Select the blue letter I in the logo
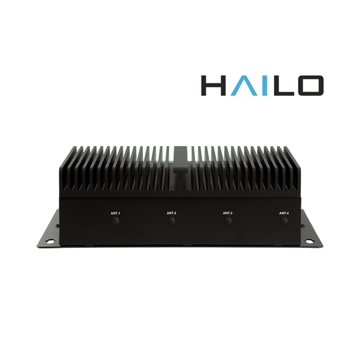[265, 85]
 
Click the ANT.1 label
[115, 213]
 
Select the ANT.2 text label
[171, 213]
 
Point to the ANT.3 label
[227, 213]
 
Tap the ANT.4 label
[284, 213]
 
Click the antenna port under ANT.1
[115, 221]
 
